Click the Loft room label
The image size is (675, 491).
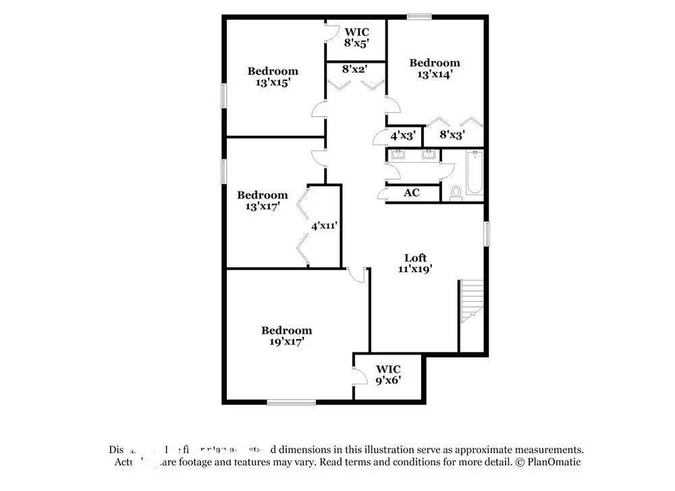416,257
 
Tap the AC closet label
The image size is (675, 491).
412,192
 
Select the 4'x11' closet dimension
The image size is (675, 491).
324,226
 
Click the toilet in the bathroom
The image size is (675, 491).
456,192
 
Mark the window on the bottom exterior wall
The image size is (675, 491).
291,403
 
